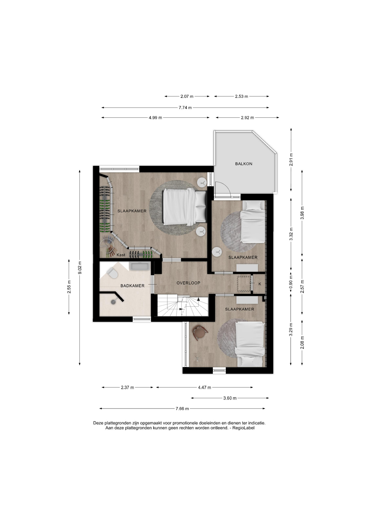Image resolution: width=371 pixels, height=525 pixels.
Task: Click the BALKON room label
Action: pos(244,164)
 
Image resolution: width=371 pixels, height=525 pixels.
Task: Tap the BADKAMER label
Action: pos(132,286)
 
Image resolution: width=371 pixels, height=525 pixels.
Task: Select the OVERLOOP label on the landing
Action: pos(188,283)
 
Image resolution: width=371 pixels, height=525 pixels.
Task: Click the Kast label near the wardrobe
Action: pos(121,255)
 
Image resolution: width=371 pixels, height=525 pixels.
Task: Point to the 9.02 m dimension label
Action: pos(80,268)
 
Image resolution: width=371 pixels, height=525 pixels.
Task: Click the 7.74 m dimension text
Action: pos(185,108)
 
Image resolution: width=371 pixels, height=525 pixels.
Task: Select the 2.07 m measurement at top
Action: pos(187,96)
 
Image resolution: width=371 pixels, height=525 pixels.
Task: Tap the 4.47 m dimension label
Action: pos(204,387)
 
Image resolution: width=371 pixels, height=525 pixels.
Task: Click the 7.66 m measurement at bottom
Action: pos(182,409)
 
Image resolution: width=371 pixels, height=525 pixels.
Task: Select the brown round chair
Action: pos(200,332)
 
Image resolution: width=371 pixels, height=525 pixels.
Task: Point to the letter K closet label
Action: pos(260,284)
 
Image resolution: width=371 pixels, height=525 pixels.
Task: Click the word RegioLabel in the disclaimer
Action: pos(243,428)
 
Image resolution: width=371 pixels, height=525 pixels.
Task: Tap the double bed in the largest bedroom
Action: pos(184,207)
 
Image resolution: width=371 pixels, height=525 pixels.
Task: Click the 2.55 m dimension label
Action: pos(69,287)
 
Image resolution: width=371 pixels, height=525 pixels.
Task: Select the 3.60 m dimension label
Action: pos(230,398)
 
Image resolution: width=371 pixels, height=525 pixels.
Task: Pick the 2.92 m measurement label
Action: pos(247,118)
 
